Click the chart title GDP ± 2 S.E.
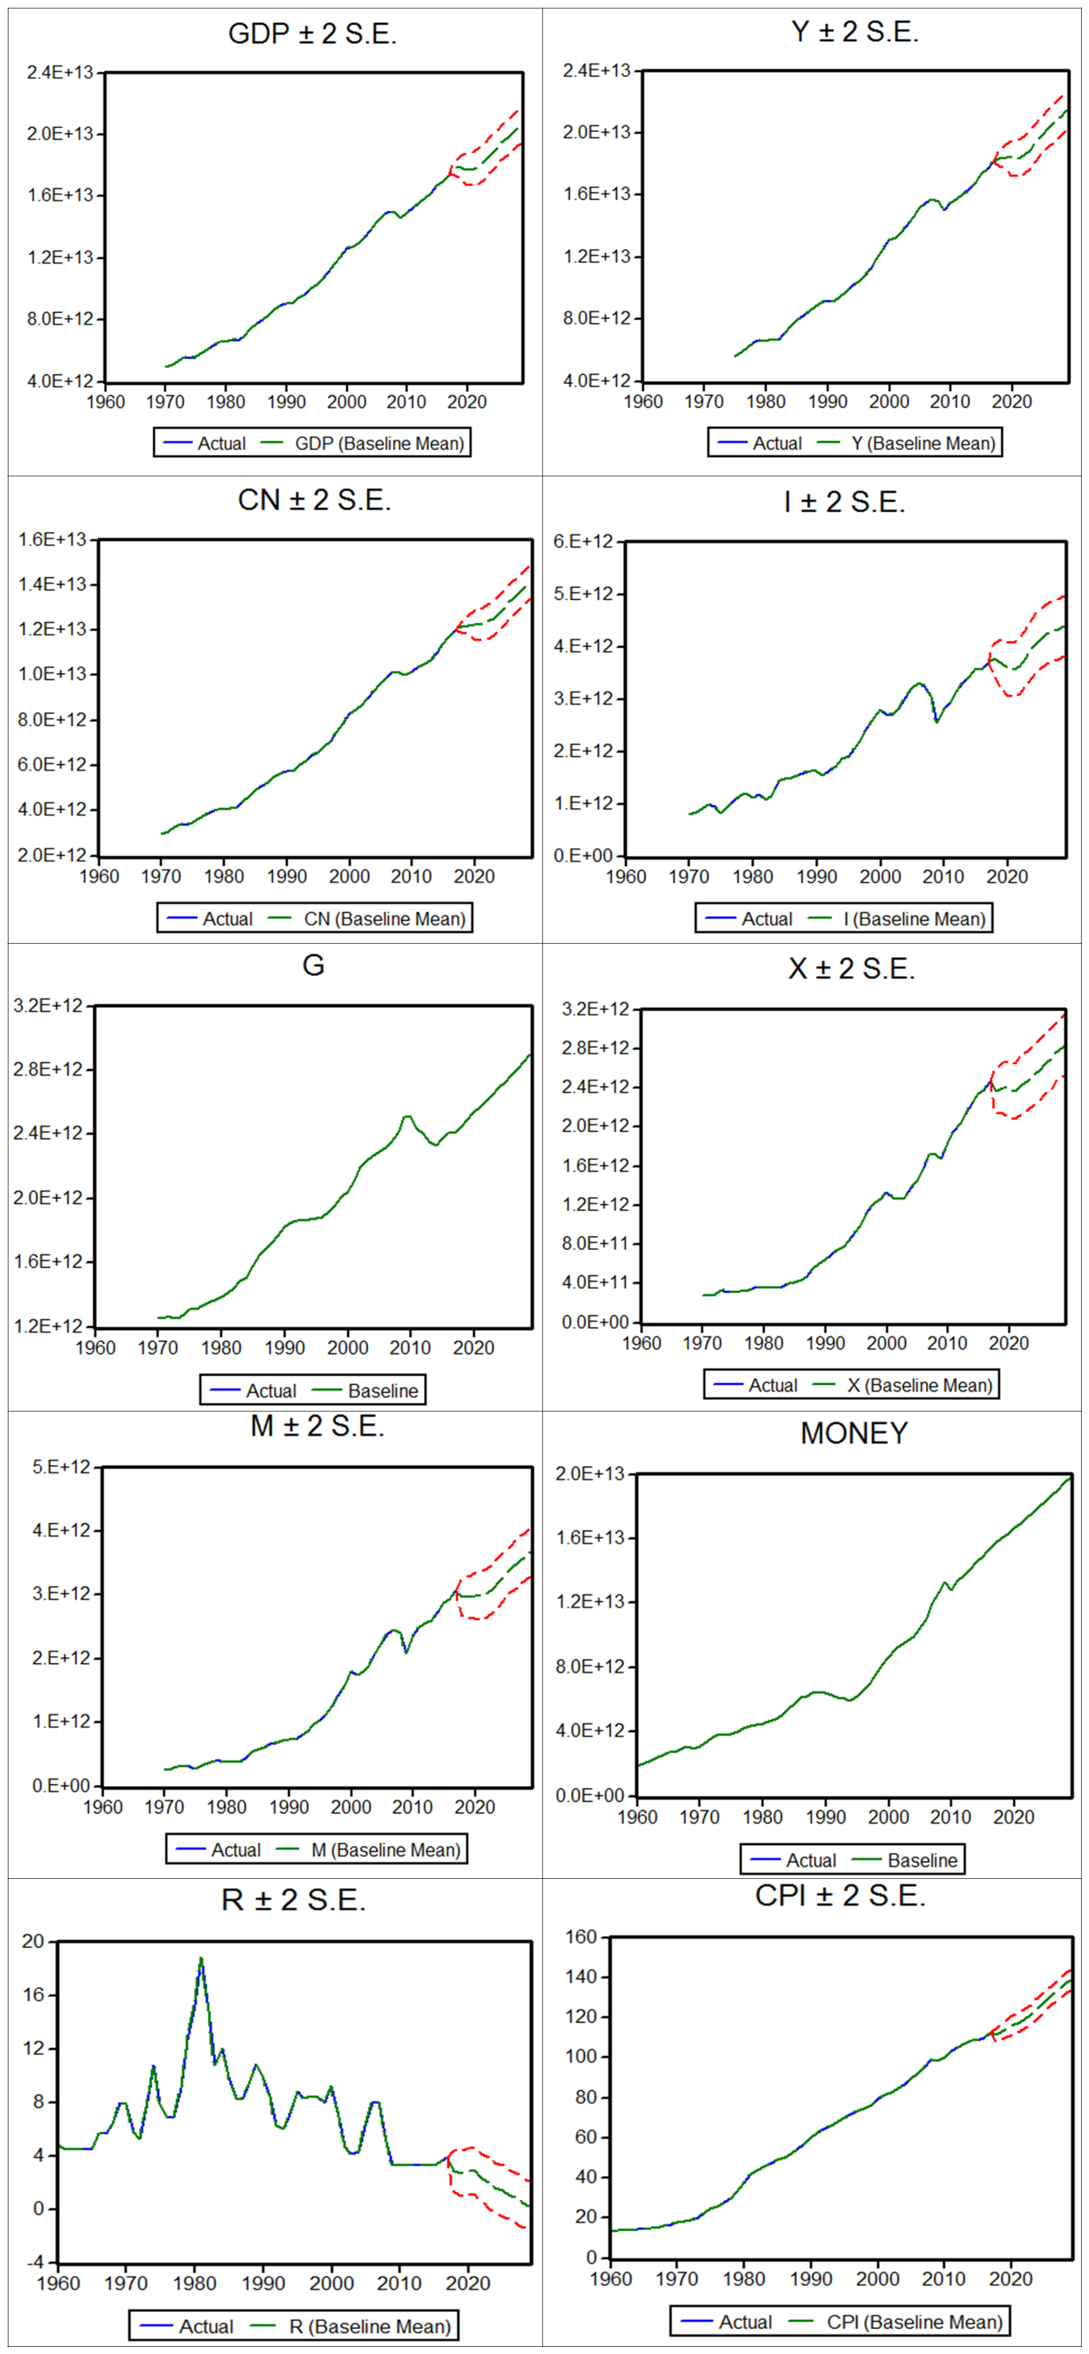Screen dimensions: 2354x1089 point(312,34)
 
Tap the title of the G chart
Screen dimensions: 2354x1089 point(312,965)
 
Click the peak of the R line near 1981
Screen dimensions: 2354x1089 point(201,1958)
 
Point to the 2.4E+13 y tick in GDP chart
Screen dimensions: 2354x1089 point(59,72)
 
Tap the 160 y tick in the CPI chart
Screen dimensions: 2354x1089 point(581,1937)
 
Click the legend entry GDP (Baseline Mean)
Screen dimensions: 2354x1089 point(379,443)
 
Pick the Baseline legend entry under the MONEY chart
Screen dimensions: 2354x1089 point(922,1860)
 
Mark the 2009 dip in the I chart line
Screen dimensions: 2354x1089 point(936,722)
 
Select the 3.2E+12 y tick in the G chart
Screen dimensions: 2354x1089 point(47,1006)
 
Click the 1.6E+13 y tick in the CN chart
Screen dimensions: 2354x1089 point(52,539)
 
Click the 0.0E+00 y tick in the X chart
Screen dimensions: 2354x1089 point(595,1322)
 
